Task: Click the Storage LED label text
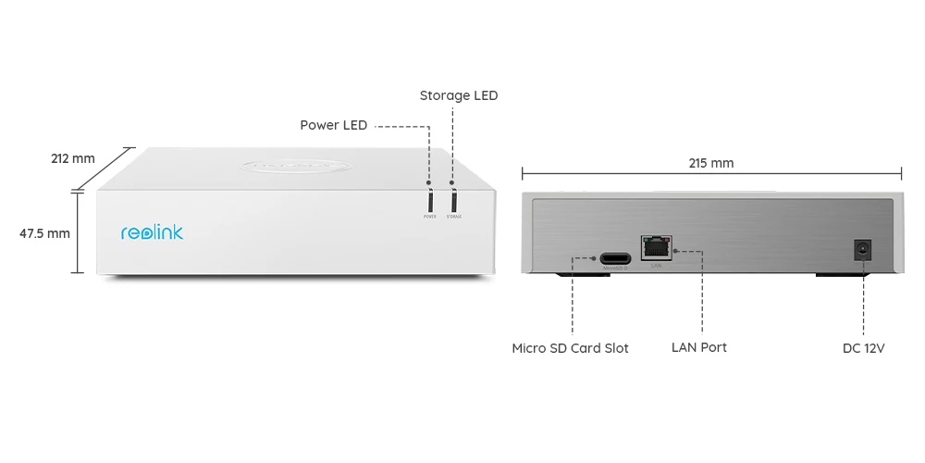coord(458,95)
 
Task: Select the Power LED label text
coord(333,125)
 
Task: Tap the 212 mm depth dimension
coord(72,158)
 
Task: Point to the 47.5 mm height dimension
coord(44,233)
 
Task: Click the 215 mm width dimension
coord(710,163)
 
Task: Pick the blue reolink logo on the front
coord(152,232)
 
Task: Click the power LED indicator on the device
coord(430,200)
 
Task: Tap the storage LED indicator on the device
coord(453,200)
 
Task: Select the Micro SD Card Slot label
coord(570,348)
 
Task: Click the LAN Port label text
coord(698,347)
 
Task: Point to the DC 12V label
coord(864,348)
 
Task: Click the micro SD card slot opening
coord(615,258)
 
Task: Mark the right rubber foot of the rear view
coord(843,275)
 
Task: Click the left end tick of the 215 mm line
coord(523,172)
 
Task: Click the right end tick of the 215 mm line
coord(902,172)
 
